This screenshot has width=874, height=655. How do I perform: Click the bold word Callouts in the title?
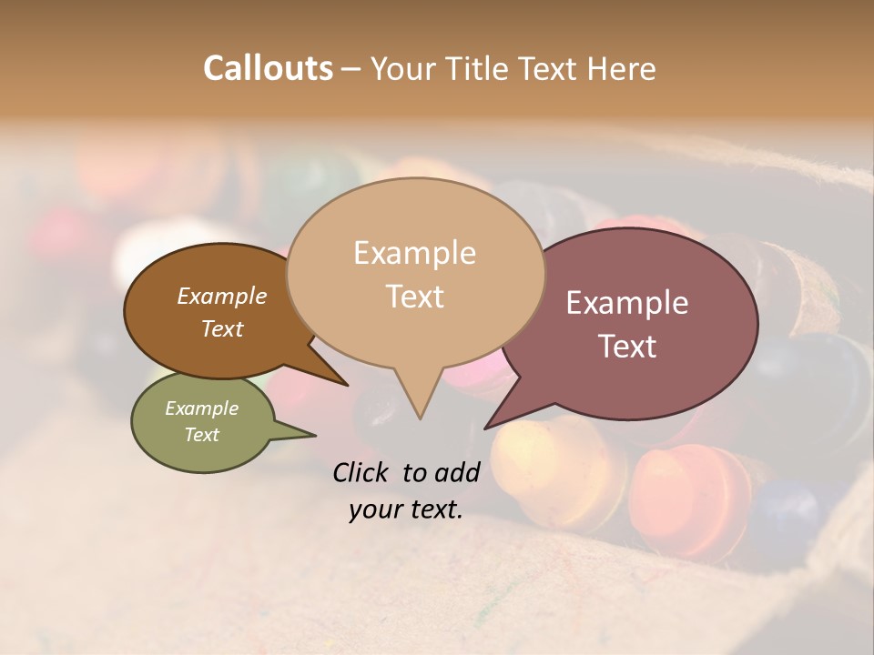[x=268, y=68]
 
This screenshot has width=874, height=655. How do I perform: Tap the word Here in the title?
[x=623, y=68]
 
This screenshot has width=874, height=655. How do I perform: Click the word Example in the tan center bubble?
[x=414, y=253]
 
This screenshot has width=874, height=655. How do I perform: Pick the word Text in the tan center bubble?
[x=414, y=297]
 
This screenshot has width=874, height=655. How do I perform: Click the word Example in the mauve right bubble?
[x=627, y=303]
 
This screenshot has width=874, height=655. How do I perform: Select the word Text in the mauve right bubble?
[x=627, y=347]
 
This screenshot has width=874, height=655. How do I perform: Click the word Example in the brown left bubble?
[x=221, y=296]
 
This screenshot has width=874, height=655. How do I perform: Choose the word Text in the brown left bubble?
[x=221, y=328]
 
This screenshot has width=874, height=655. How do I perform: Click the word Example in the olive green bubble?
[x=201, y=408]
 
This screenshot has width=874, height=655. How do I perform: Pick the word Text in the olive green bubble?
[x=201, y=435]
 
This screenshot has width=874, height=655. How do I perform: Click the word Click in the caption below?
[x=361, y=472]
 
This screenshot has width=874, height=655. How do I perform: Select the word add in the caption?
[x=457, y=472]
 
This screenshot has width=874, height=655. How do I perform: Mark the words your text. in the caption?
[x=406, y=509]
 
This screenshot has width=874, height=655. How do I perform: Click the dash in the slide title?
[x=351, y=68]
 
